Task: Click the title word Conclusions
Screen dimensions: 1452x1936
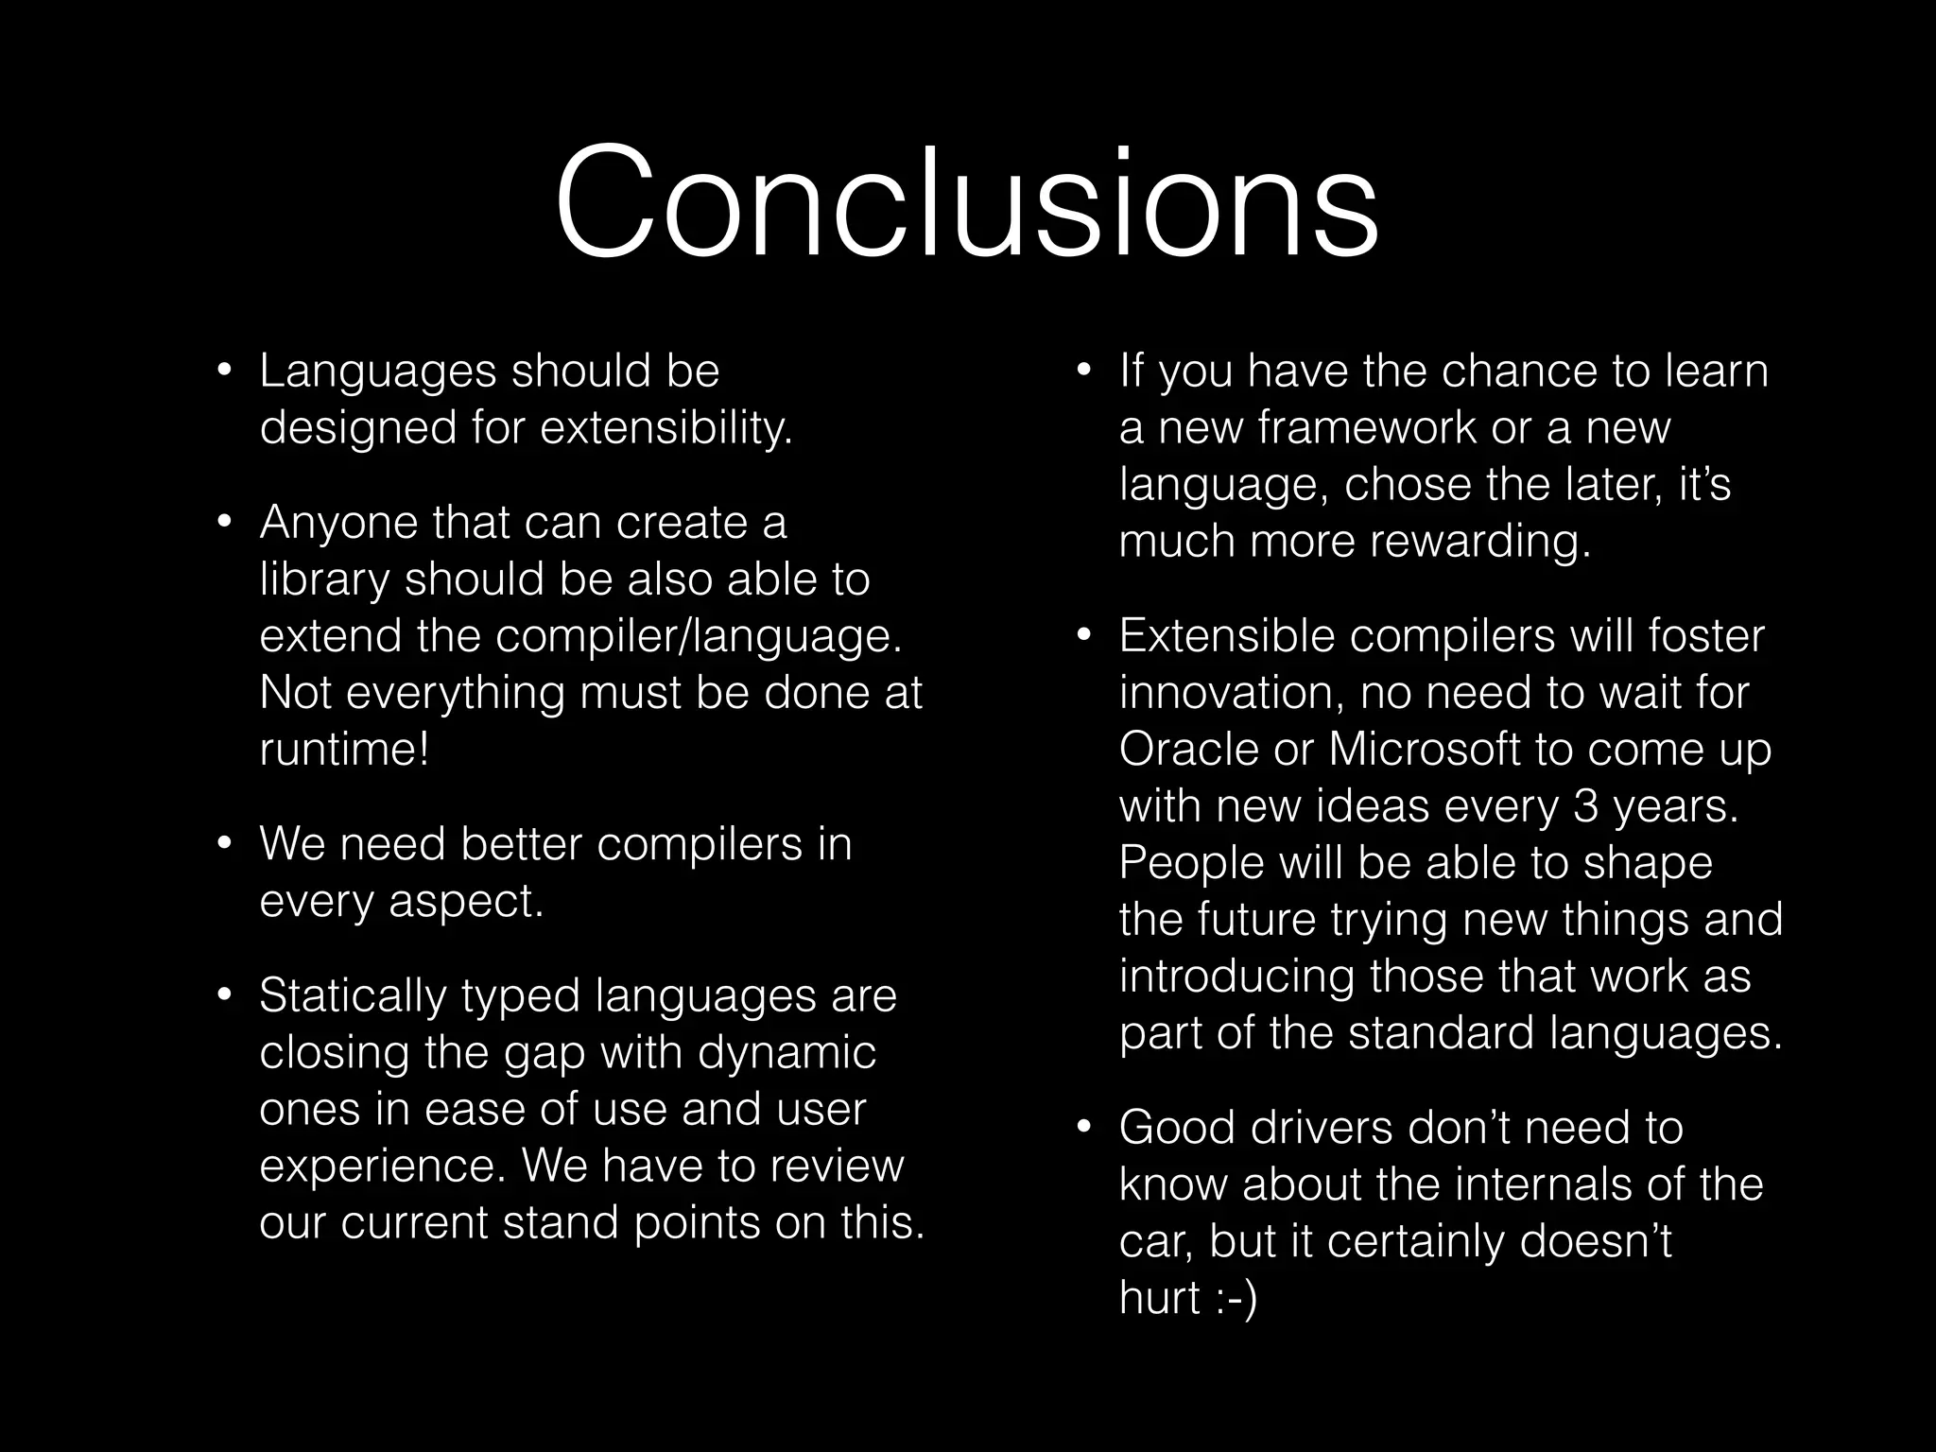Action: [x=966, y=203]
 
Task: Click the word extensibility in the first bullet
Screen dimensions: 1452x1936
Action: [x=665, y=428]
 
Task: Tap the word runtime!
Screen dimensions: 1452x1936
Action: [x=344, y=750]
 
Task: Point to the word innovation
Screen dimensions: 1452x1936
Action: [x=1232, y=693]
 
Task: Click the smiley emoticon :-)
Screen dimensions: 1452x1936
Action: [x=1231, y=1299]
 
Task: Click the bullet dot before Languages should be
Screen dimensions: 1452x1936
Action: [x=223, y=372]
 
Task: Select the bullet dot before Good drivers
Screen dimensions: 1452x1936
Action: [x=1083, y=1128]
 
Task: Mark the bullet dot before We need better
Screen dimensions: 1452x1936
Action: [x=223, y=844]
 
